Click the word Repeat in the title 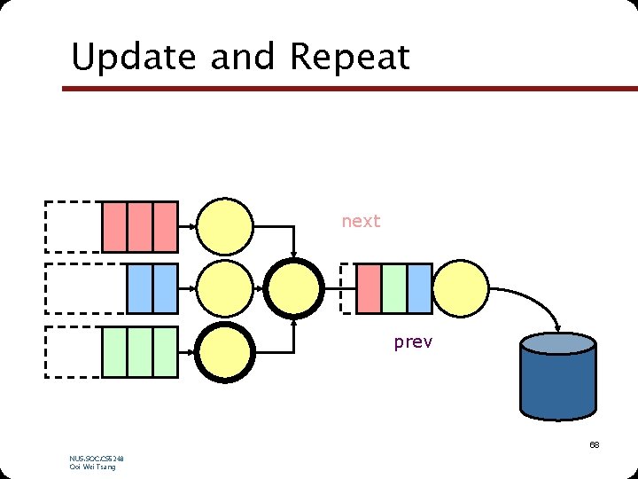click(349, 58)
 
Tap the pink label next click(361, 221)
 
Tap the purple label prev click(413, 342)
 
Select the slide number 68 click(594, 444)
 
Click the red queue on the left click(140, 227)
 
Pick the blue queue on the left click(152, 288)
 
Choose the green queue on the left click(140, 351)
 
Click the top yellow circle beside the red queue click(224, 227)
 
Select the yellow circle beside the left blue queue click(224, 288)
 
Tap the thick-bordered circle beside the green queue click(224, 352)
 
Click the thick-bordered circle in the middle click(293, 288)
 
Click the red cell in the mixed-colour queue click(369, 288)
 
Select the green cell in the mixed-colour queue click(394, 288)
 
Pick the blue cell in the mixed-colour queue click(419, 288)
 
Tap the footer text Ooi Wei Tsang click(92, 467)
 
